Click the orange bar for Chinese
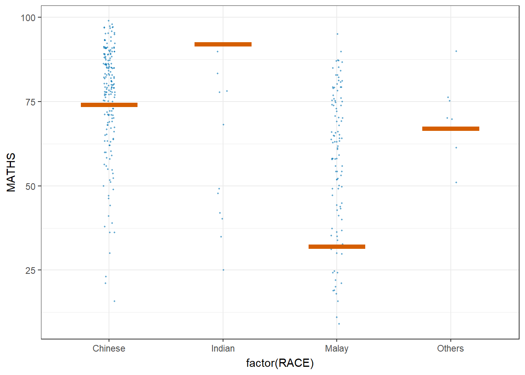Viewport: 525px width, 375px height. pos(109,105)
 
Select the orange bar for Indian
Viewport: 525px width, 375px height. pos(223,44)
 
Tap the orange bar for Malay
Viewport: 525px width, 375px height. pos(337,246)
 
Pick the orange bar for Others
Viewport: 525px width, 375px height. pos(450,129)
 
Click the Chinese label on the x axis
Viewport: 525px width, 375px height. pos(109,348)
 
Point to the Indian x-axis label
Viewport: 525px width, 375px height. pos(223,348)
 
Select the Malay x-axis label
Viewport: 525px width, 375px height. pos(337,348)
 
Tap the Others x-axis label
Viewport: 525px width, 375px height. pos(450,348)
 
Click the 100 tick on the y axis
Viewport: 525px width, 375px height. pos(28,18)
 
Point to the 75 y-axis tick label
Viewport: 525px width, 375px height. pos(30,102)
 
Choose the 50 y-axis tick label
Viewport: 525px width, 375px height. pos(30,186)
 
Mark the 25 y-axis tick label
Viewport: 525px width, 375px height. pos(30,270)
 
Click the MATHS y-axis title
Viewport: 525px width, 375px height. pos(11,172)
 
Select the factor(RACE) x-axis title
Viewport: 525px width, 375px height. pos(280,363)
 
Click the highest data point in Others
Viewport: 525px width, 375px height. pos(456,51)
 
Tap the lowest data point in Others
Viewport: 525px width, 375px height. pos(456,182)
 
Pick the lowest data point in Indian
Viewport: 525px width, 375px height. pos(223,270)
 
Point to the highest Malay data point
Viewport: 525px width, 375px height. pos(337,34)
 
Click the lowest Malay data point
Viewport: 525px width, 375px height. pos(339,324)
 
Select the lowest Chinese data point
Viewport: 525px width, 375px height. pos(114,301)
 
